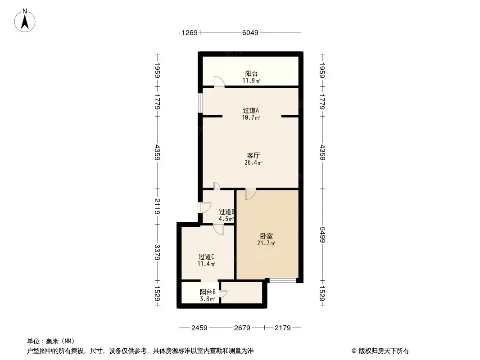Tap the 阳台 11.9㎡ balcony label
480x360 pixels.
tap(252, 77)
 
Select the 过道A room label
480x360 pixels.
tap(251, 110)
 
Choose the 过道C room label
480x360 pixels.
tap(206, 256)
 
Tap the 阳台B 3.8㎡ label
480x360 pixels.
tap(208, 292)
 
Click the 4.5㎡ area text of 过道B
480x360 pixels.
tap(226, 219)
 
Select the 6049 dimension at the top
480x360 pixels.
tap(250, 32)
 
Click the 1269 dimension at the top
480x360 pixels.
tap(190, 32)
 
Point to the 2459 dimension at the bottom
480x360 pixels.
tap(199, 328)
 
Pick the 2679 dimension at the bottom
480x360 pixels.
tap(242, 328)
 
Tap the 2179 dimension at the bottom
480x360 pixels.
tap(283, 328)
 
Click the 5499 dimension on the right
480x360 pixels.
tap(322, 235)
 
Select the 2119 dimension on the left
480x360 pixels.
tap(157, 207)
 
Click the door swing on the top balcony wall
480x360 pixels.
tap(218, 81)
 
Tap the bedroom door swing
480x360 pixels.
tap(250, 194)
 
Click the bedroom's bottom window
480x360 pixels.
tap(283, 281)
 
